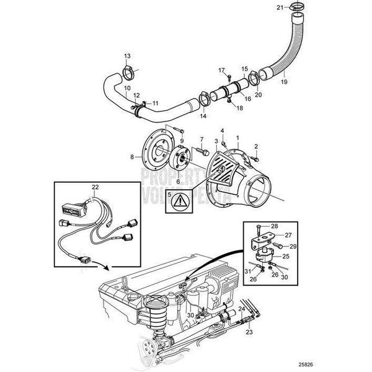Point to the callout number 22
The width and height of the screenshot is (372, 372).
pos(95,187)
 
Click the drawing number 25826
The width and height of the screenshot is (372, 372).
pos(351,363)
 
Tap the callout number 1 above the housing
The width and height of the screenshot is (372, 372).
pos(237,135)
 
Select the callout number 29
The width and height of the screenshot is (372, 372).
pos(294,247)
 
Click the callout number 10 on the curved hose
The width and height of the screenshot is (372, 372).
pos(126,88)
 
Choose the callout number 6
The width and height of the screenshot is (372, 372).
pos(178,181)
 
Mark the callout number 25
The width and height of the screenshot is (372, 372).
pos(286,255)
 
